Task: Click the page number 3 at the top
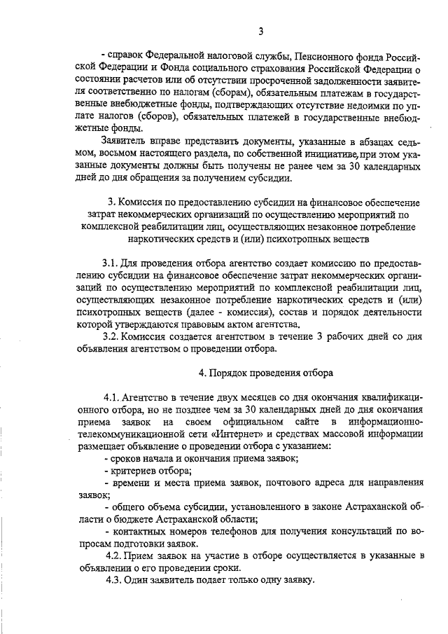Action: (260, 31)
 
